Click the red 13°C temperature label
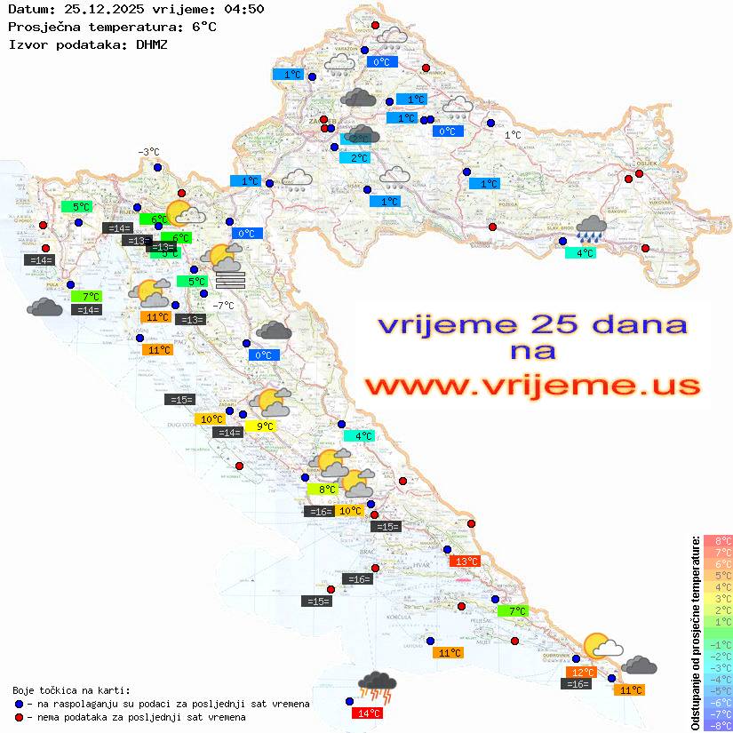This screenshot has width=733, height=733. [465, 561]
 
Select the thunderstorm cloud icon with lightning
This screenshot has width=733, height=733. [377, 686]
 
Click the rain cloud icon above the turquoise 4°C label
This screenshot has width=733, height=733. [591, 229]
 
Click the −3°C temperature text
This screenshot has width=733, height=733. [148, 152]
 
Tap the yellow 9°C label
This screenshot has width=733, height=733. [264, 426]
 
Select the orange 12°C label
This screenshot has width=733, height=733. [582, 672]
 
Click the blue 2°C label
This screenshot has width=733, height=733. [357, 158]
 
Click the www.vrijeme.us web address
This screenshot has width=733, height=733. [531, 386]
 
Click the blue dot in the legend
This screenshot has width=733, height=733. [20, 703]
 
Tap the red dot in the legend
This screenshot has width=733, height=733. [20, 716]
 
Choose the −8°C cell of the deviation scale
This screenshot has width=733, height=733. [718, 725]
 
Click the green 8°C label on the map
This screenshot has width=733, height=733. [323, 489]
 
